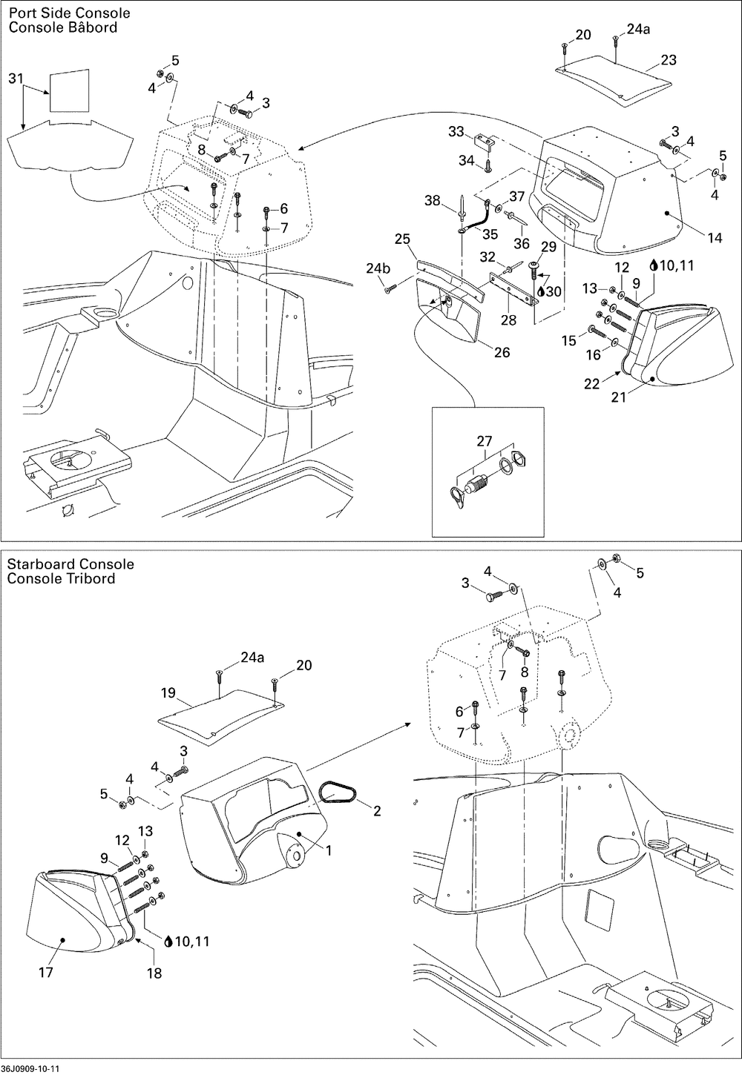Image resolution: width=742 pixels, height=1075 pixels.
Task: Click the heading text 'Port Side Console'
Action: click(x=70, y=13)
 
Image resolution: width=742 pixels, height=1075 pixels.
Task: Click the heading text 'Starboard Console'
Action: click(x=70, y=564)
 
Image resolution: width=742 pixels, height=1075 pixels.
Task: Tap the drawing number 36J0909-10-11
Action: click(x=30, y=1068)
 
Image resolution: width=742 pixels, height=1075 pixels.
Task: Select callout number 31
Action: click(x=16, y=78)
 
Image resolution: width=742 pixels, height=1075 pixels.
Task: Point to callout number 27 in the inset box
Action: click(x=485, y=440)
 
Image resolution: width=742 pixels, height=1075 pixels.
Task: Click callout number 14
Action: click(x=715, y=237)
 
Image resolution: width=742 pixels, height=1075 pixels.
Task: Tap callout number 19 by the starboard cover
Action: click(x=168, y=692)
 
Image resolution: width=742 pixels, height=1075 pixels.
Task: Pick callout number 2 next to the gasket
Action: click(x=377, y=810)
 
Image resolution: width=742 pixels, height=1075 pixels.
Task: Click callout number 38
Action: click(x=433, y=200)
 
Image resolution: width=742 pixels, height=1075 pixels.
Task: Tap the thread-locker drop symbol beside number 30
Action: click(x=540, y=291)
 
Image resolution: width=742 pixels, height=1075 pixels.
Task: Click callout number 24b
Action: click(x=378, y=268)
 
